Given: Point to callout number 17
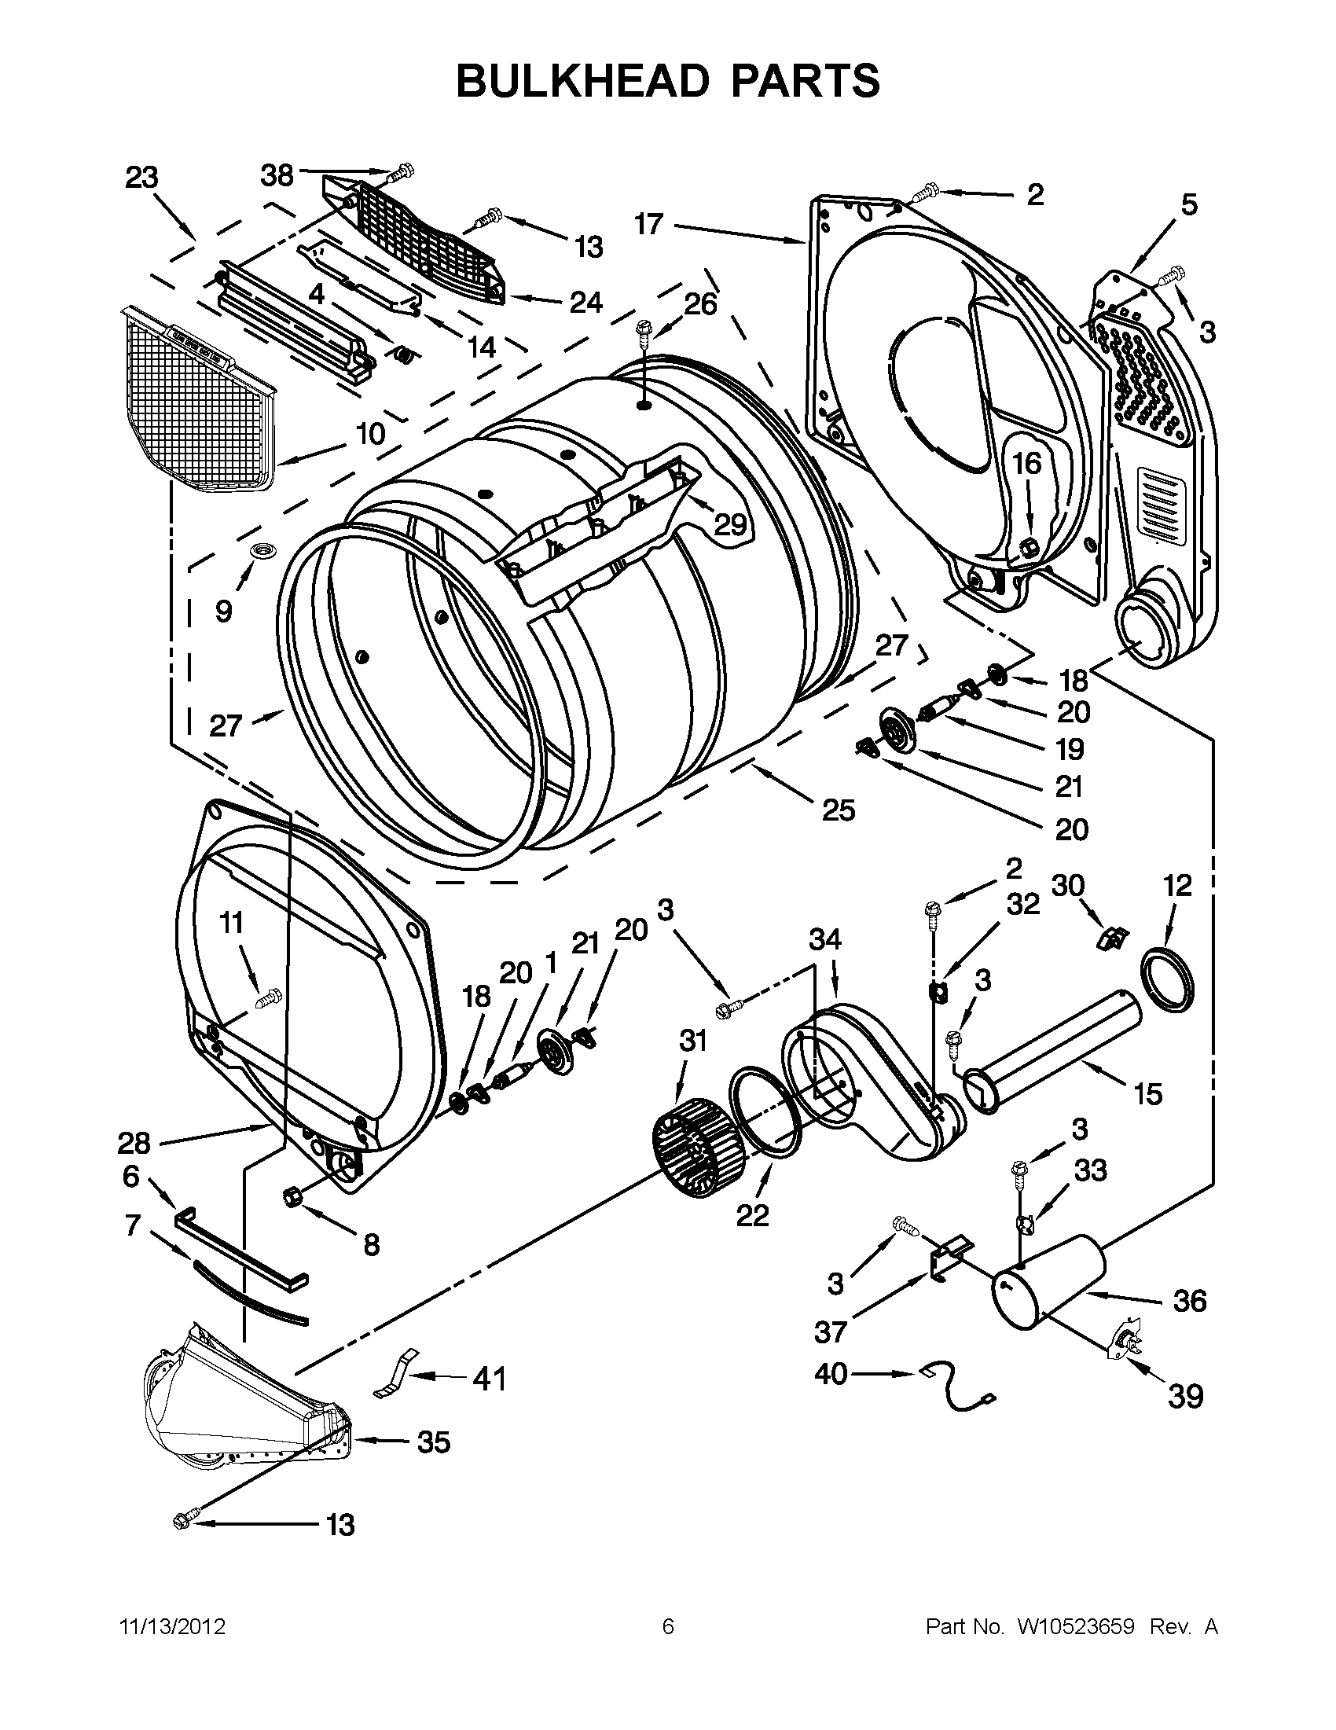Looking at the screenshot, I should (x=648, y=224).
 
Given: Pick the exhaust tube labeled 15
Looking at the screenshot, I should (x=1053, y=1054).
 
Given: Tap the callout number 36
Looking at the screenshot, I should (x=1190, y=1301).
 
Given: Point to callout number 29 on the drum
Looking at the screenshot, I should (x=730, y=523).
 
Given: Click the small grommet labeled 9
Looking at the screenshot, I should (x=260, y=550).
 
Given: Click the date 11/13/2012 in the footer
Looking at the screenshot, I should (x=172, y=1627).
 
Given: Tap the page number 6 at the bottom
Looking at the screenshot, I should (x=667, y=1627).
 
